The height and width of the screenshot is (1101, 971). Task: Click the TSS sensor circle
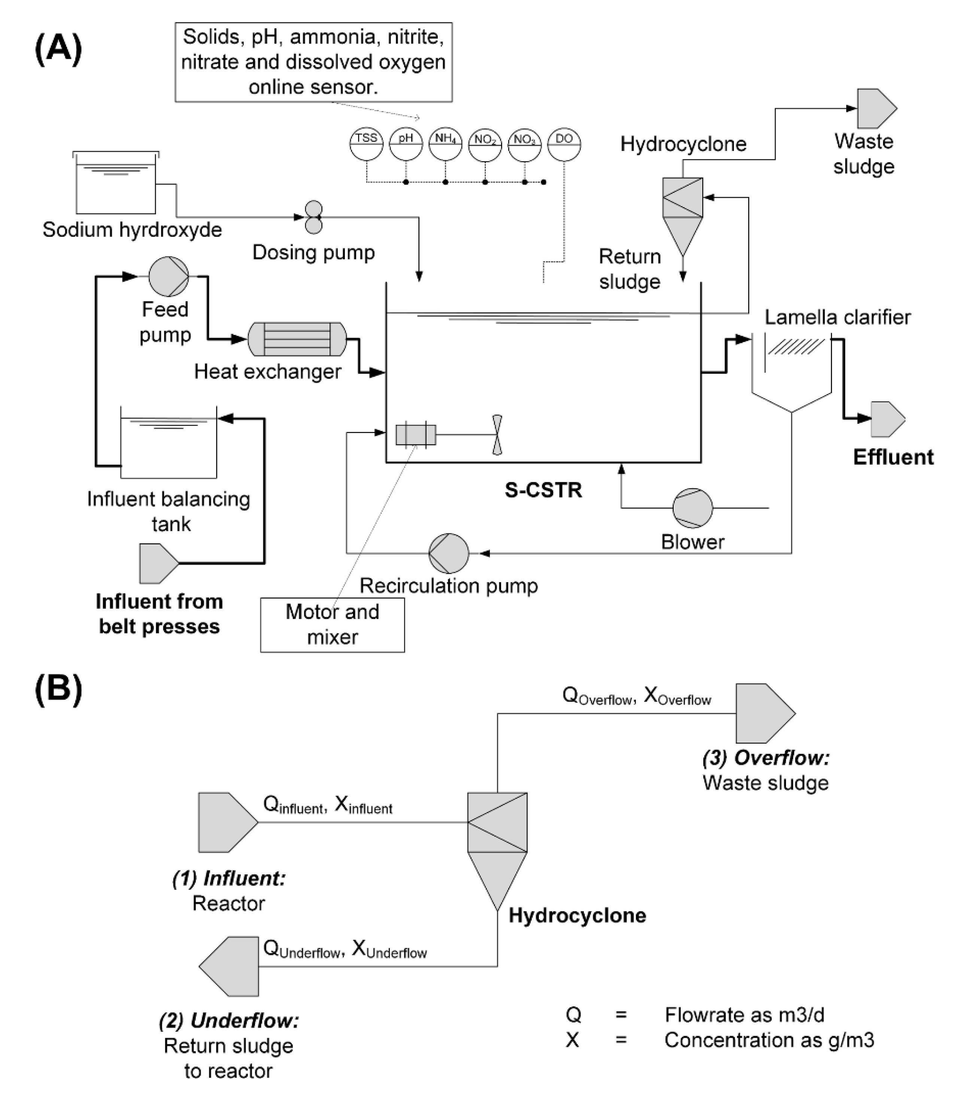point(366,144)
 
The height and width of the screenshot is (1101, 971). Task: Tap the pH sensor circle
point(406,144)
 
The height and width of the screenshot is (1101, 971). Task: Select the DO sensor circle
point(564,144)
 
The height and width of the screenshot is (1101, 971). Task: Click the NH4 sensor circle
point(445,144)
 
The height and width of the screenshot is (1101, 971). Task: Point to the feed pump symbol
point(169,276)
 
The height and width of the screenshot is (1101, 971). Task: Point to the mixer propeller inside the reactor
point(497,435)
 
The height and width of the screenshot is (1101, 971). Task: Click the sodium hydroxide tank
point(116,183)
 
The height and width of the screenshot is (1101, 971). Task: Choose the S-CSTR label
point(543,490)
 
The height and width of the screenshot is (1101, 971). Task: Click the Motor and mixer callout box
point(332,625)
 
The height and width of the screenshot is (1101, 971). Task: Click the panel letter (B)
point(58,689)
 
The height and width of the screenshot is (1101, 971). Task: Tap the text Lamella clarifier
point(837,317)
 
